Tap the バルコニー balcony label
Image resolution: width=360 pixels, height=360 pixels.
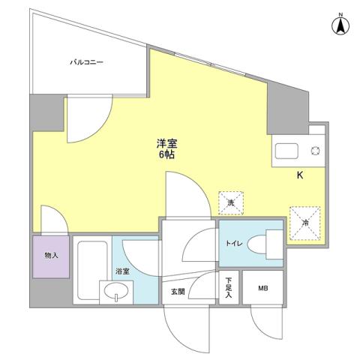[x=87, y=63]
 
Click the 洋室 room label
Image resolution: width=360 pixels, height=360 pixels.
[x=167, y=143]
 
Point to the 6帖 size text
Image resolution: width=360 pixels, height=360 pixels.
[x=167, y=155]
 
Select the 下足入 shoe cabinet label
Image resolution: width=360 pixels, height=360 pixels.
[x=229, y=289]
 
